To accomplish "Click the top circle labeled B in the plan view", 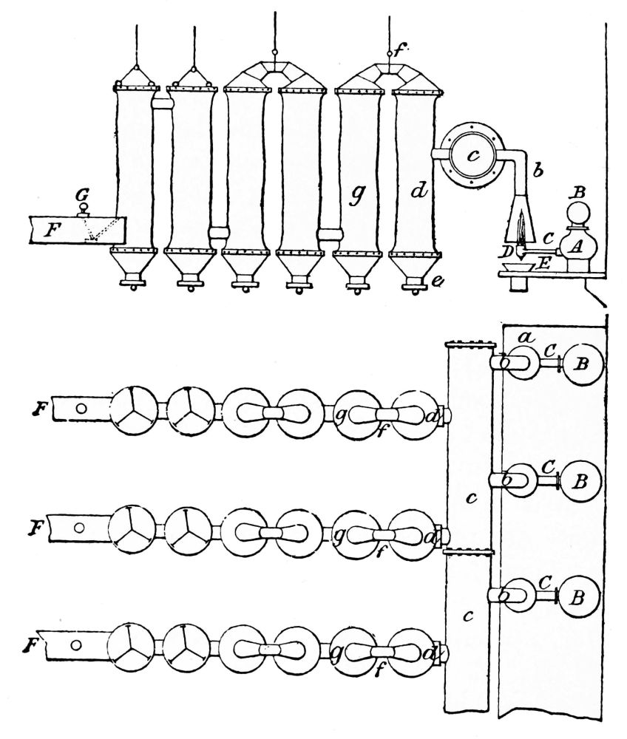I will (x=582, y=364).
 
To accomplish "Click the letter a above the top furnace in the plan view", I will (x=526, y=337).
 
